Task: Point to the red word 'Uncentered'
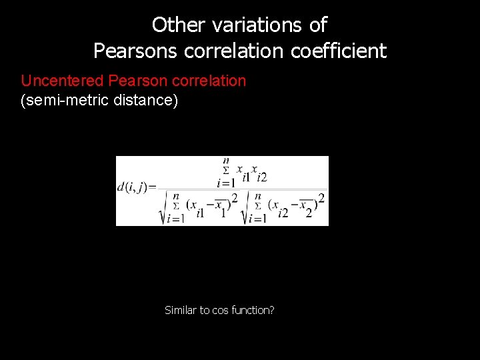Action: click(x=63, y=81)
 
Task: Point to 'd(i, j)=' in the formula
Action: click(x=137, y=187)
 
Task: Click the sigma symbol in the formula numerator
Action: click(x=225, y=171)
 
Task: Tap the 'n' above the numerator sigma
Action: click(x=226, y=161)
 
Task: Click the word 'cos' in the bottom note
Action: click(x=220, y=310)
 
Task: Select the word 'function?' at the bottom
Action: click(x=253, y=310)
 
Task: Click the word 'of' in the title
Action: click(x=318, y=25)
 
